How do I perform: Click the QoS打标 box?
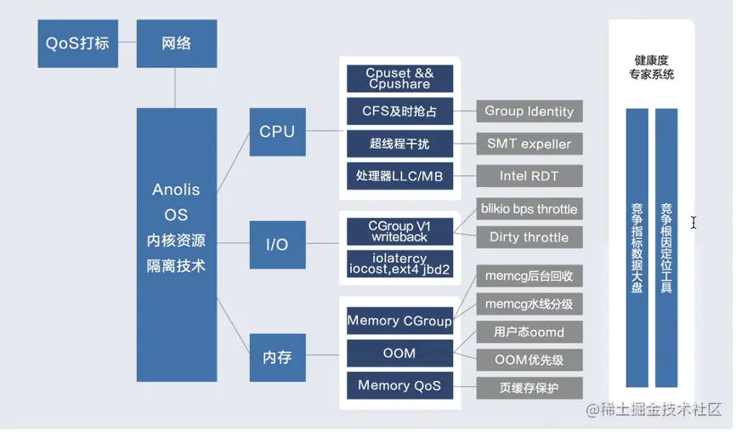(77, 43)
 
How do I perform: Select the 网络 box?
(176, 43)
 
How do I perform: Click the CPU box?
(277, 131)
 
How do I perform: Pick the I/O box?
(277, 245)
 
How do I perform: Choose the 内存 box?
(277, 357)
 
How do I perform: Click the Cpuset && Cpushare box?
(399, 78)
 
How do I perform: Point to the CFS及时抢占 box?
(399, 111)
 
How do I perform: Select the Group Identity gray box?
(529, 111)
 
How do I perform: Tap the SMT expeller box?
(529, 143)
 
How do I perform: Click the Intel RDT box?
(529, 176)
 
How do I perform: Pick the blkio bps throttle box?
(529, 209)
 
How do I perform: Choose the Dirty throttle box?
(529, 237)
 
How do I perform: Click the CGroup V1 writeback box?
(399, 231)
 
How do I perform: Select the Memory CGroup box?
(399, 321)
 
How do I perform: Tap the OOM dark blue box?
(399, 353)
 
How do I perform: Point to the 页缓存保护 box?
(529, 388)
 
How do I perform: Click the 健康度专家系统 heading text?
(651, 67)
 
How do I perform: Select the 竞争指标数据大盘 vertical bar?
(637, 247)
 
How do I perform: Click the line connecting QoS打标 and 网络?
(127, 43)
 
